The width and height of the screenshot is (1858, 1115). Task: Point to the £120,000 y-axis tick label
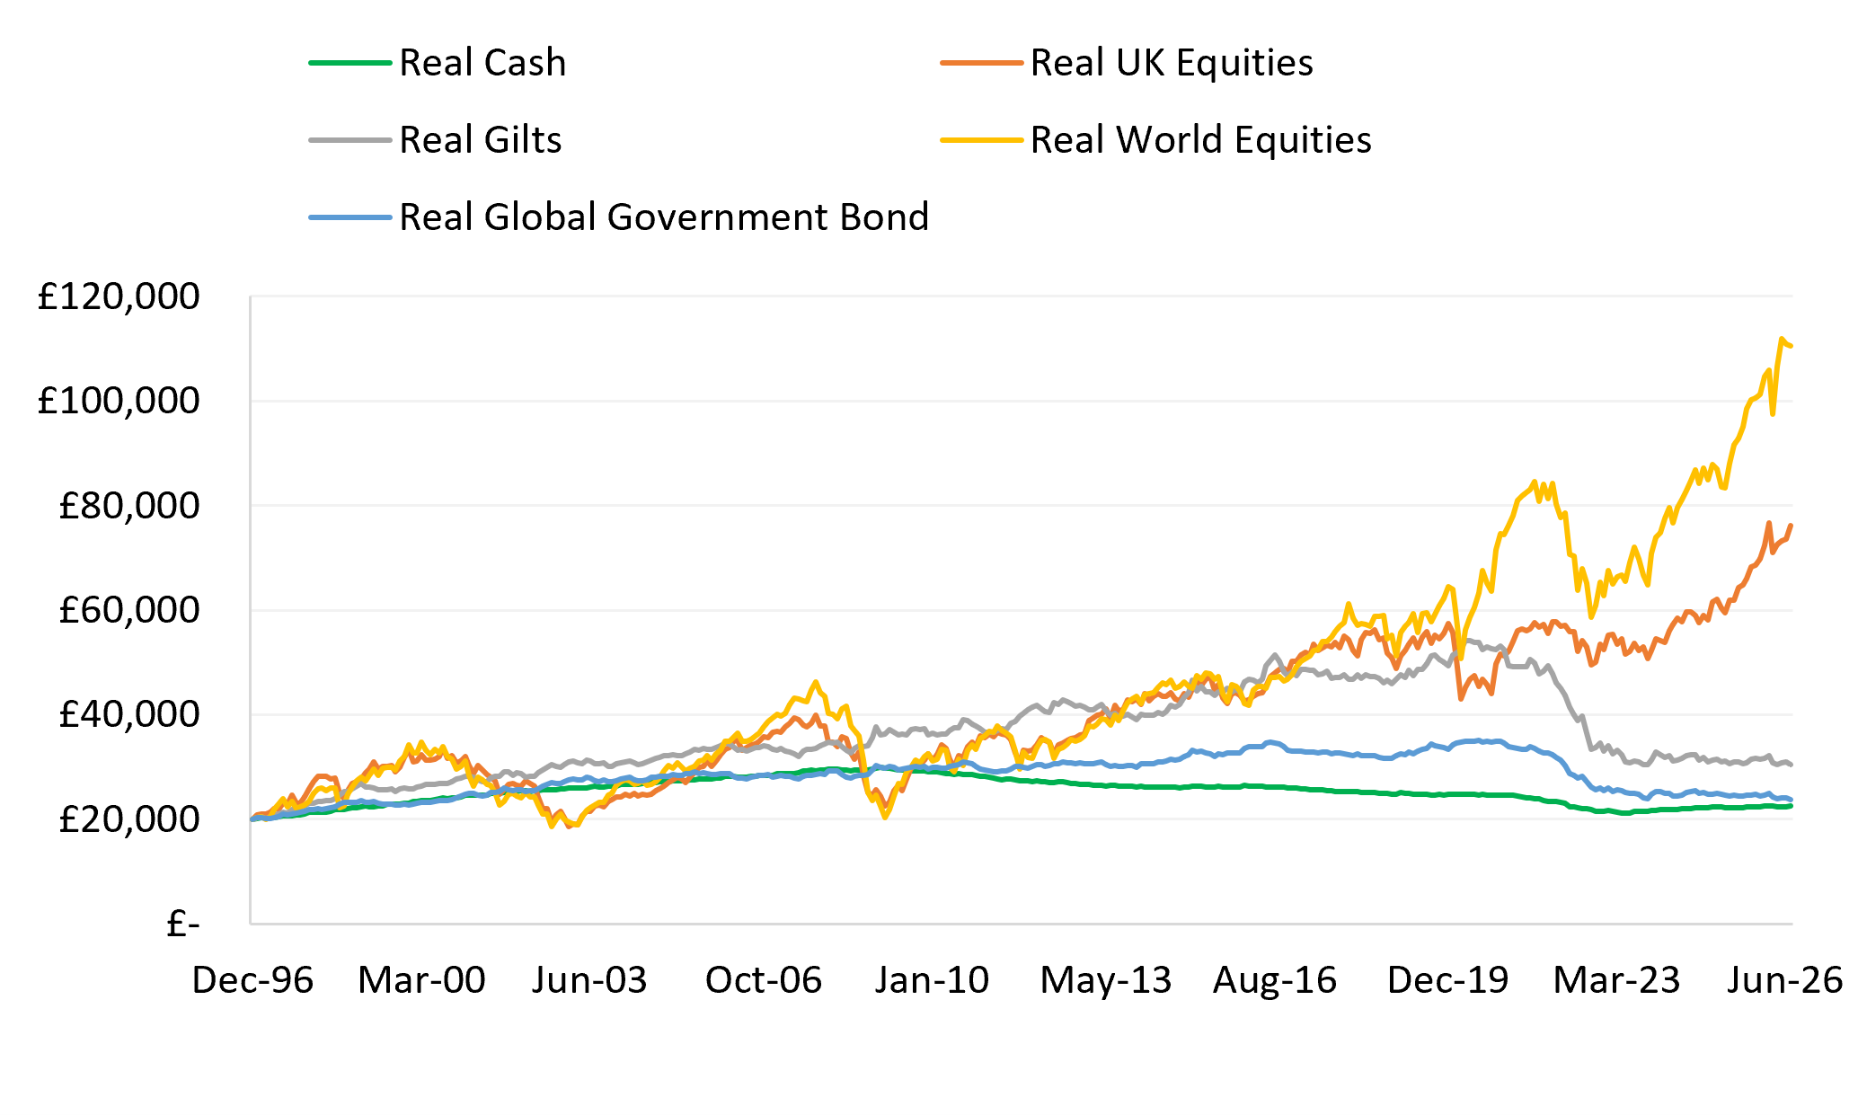tap(118, 296)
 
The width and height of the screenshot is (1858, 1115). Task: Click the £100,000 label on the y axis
tap(118, 401)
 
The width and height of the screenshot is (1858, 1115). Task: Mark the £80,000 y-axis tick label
tap(128, 506)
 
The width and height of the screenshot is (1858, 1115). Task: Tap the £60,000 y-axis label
tap(128, 610)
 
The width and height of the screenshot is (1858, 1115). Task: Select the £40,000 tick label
tap(128, 714)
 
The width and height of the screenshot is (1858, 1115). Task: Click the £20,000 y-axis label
tap(128, 819)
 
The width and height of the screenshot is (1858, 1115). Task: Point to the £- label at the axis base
tap(183, 924)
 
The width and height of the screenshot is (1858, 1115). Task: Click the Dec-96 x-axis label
tap(252, 980)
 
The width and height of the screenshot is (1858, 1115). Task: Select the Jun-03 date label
tap(589, 980)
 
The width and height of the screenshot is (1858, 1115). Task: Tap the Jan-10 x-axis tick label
tap(932, 980)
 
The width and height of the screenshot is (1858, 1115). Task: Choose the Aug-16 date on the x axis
tap(1275, 980)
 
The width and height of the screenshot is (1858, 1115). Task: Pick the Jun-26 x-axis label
tap(1784, 980)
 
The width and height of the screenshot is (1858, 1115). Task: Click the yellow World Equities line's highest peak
tap(1781, 339)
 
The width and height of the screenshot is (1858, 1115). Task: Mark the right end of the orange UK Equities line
tap(1792, 526)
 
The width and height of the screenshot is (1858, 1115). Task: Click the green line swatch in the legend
tap(350, 63)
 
